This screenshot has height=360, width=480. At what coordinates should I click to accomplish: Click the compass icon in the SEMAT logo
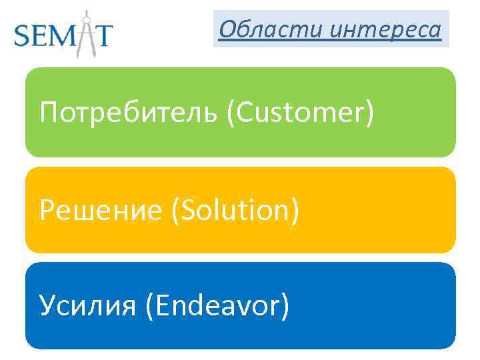[x=85, y=32]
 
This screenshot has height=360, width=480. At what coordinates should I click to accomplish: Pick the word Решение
[x=101, y=211]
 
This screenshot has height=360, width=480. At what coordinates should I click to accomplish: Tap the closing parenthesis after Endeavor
[x=285, y=307]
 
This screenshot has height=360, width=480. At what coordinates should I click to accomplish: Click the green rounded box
[x=240, y=112]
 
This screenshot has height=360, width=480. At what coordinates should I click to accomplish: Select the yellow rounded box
[x=240, y=210]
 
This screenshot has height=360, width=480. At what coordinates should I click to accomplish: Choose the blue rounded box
[x=240, y=305]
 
